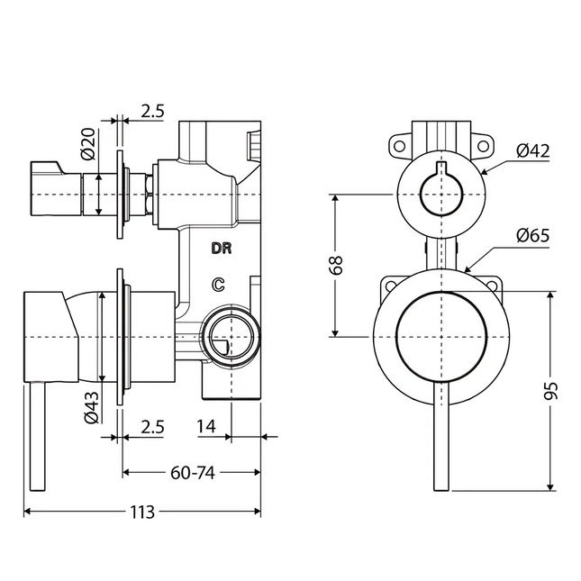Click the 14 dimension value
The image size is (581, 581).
click(x=206, y=427)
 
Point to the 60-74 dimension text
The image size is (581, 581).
click(x=191, y=471)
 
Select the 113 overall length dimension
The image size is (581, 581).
click(x=141, y=512)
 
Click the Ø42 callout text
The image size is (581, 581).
click(x=533, y=150)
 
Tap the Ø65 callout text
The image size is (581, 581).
click(x=533, y=236)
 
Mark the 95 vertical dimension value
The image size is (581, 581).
click(x=552, y=390)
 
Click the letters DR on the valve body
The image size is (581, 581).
click(x=221, y=248)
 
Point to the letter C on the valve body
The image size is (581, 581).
click(x=217, y=286)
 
